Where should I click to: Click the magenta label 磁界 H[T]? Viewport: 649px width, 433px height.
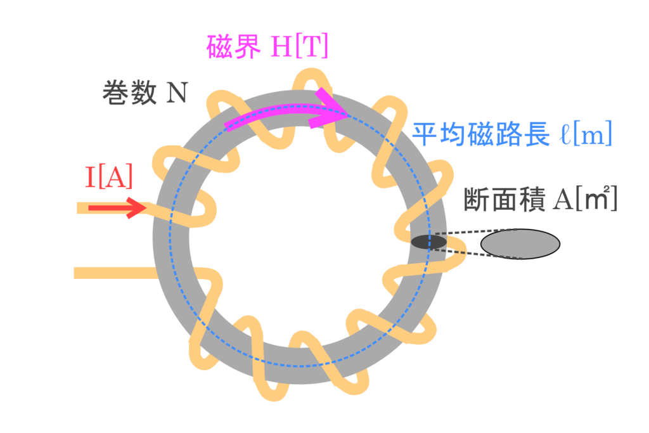[267, 46]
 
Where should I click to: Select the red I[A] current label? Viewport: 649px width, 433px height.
[108, 178]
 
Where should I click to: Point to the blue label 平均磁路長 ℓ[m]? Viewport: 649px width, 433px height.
[511, 134]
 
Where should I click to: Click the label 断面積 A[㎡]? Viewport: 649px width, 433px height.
[541, 199]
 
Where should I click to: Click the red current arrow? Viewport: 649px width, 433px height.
[117, 208]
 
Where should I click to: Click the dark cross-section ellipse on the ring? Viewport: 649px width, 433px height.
[429, 242]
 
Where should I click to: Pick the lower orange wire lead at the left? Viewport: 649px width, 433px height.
[114, 273]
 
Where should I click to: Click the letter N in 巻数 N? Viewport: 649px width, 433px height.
[177, 94]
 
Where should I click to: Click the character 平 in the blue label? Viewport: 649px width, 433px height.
[423, 134]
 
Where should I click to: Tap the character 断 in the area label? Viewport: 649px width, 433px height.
[475, 199]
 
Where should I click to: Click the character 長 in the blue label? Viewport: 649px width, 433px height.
[534, 134]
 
